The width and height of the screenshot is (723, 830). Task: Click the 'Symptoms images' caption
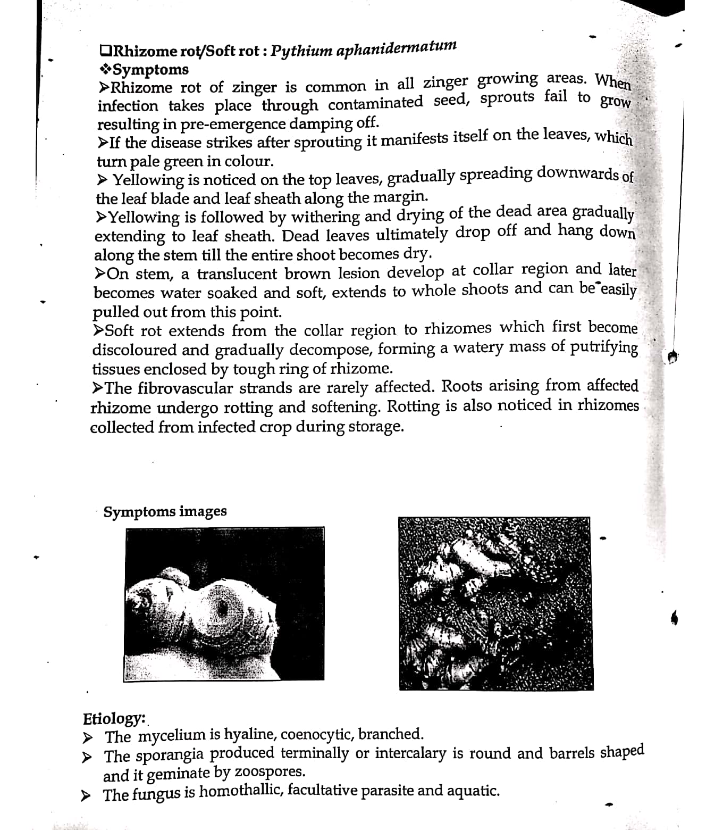(x=165, y=511)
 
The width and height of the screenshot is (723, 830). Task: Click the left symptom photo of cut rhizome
(x=225, y=604)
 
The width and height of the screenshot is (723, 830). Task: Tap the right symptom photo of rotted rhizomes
(x=495, y=603)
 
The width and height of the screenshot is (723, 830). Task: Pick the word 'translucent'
(x=237, y=273)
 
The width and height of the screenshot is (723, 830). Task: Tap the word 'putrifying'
(x=604, y=347)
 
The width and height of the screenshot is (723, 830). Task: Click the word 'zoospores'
(x=270, y=771)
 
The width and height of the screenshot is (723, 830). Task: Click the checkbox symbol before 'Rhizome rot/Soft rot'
(x=105, y=51)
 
